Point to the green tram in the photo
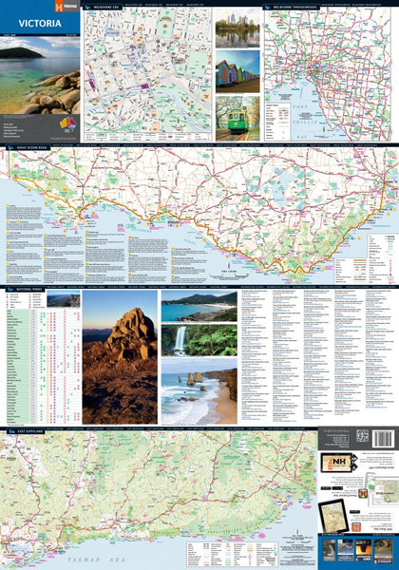(x=237, y=120)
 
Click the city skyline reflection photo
(x=237, y=28)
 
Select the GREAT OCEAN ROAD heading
(x=28, y=149)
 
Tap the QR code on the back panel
(x=361, y=437)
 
